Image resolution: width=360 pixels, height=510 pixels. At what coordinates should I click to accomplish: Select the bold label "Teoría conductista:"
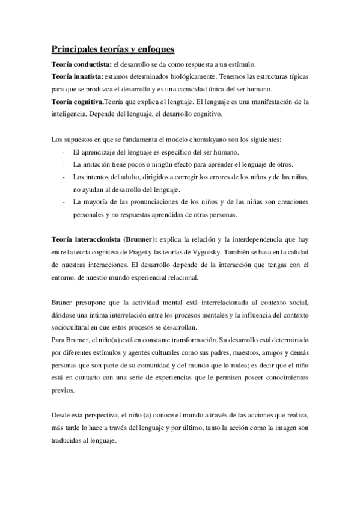click(x=76, y=64)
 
